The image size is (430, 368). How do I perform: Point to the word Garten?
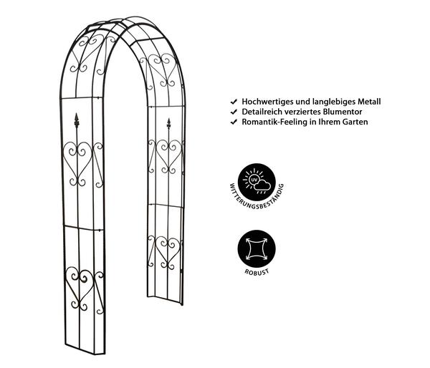(x=355, y=122)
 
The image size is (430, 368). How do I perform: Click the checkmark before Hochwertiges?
(x=234, y=102)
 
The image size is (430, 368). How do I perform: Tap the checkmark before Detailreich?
(x=234, y=112)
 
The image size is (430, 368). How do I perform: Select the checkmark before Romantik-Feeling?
(x=234, y=122)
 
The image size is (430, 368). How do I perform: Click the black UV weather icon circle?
(x=257, y=183)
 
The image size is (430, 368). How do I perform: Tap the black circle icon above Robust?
(x=257, y=249)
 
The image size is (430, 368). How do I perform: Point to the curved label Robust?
(x=257, y=272)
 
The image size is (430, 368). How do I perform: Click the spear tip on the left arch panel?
(x=77, y=119)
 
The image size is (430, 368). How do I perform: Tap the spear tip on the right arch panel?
(x=168, y=123)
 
